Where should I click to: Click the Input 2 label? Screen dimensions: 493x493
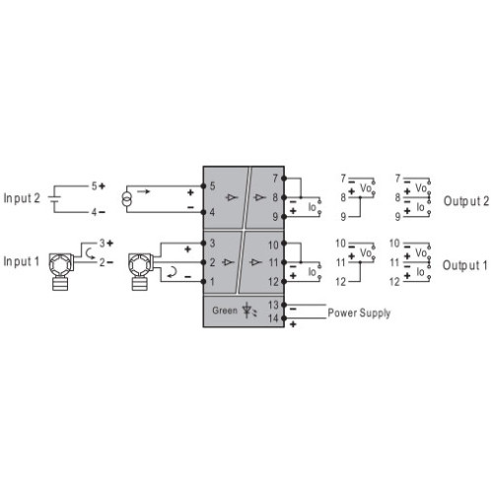tap(22, 198)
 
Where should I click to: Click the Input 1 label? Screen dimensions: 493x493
tap(22, 261)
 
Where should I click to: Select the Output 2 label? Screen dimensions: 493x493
tap(466, 201)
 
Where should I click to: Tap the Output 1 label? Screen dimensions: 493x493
tap(465, 265)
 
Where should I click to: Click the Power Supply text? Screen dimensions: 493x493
tap(359, 314)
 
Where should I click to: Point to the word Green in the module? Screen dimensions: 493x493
tap(225, 311)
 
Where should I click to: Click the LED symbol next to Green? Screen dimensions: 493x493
tap(248, 311)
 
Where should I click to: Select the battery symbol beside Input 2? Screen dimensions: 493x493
tap(54, 199)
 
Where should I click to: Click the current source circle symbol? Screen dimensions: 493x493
tap(127, 199)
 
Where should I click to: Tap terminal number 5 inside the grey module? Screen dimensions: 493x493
tap(212, 186)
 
